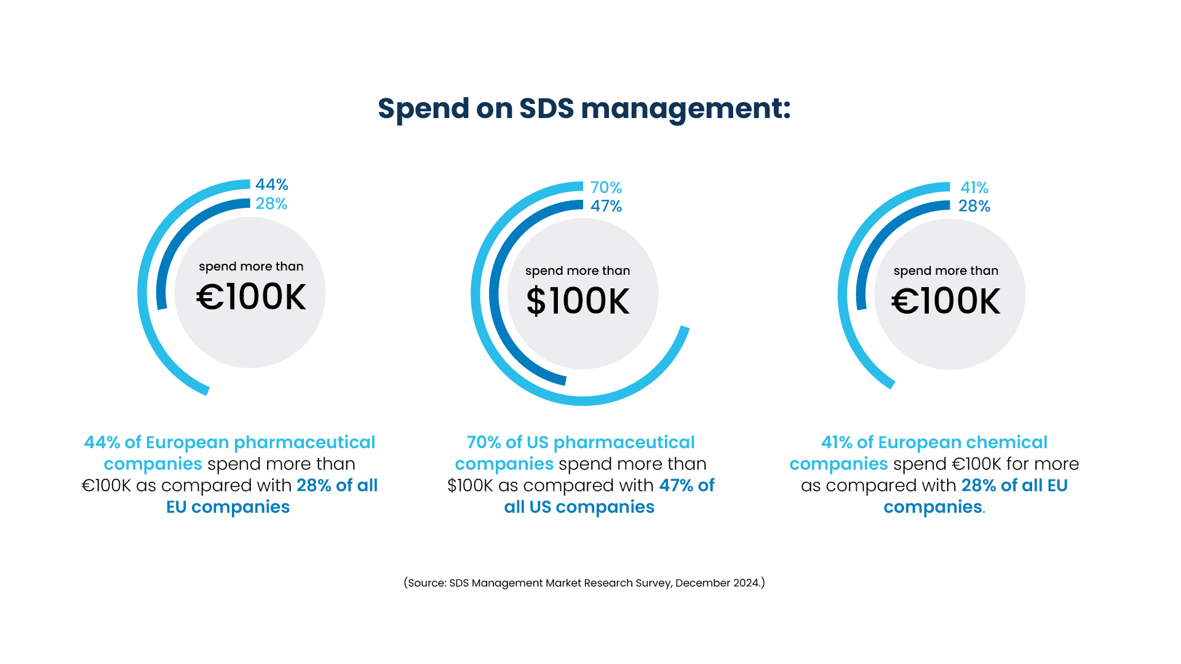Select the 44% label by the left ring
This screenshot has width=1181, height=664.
point(271,184)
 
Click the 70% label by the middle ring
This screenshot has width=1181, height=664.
point(606,188)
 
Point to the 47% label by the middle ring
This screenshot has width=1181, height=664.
point(606,207)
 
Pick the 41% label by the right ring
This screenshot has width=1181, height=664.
point(974,188)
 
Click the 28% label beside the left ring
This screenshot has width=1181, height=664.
point(271,204)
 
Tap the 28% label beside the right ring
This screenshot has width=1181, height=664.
point(974,207)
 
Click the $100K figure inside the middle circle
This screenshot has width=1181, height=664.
point(578,301)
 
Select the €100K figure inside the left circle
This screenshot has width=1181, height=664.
point(251,297)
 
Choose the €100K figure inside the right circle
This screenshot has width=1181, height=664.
point(946,301)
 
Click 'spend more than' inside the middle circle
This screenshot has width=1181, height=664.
point(578,271)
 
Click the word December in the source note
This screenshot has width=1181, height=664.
point(699,583)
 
